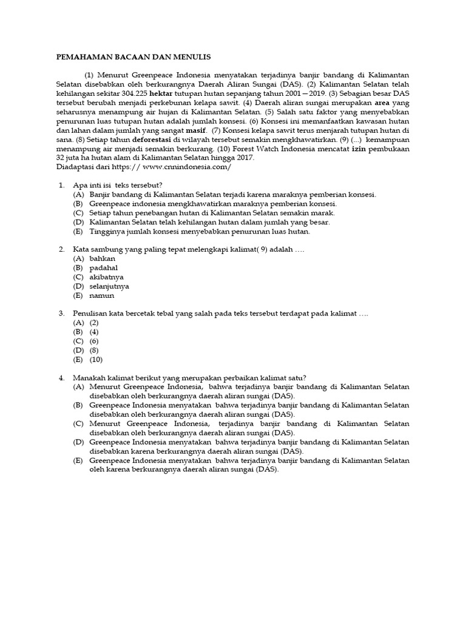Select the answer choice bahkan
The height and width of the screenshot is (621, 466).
point(102,258)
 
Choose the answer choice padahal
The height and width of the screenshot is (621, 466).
point(103,267)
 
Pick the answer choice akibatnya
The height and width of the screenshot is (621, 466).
point(106,277)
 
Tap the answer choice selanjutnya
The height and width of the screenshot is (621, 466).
point(109,286)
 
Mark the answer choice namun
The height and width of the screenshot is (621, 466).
point(101,296)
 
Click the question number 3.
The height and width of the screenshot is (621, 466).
point(62,313)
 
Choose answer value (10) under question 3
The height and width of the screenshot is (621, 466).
point(96,360)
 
